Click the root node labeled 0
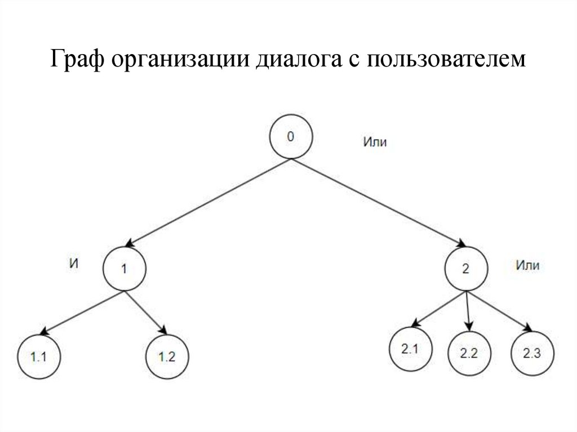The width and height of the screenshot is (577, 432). [290, 137]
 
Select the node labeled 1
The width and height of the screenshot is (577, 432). [125, 269]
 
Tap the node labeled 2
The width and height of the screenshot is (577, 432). [465, 269]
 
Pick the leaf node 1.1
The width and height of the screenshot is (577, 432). [38, 356]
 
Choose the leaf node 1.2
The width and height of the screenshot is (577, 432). [167, 356]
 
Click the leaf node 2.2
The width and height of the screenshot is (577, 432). [469, 354]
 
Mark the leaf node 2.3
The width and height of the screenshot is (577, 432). [532, 354]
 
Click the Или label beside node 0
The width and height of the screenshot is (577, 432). [375, 142]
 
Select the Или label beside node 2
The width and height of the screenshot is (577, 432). [527, 266]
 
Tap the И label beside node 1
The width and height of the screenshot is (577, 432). [73, 262]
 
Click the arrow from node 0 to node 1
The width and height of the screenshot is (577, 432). [208, 203]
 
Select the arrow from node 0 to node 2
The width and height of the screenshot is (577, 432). [378, 203]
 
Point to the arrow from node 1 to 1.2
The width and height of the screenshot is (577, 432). [145, 311]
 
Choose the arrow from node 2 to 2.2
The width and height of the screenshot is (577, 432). [468, 311]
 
